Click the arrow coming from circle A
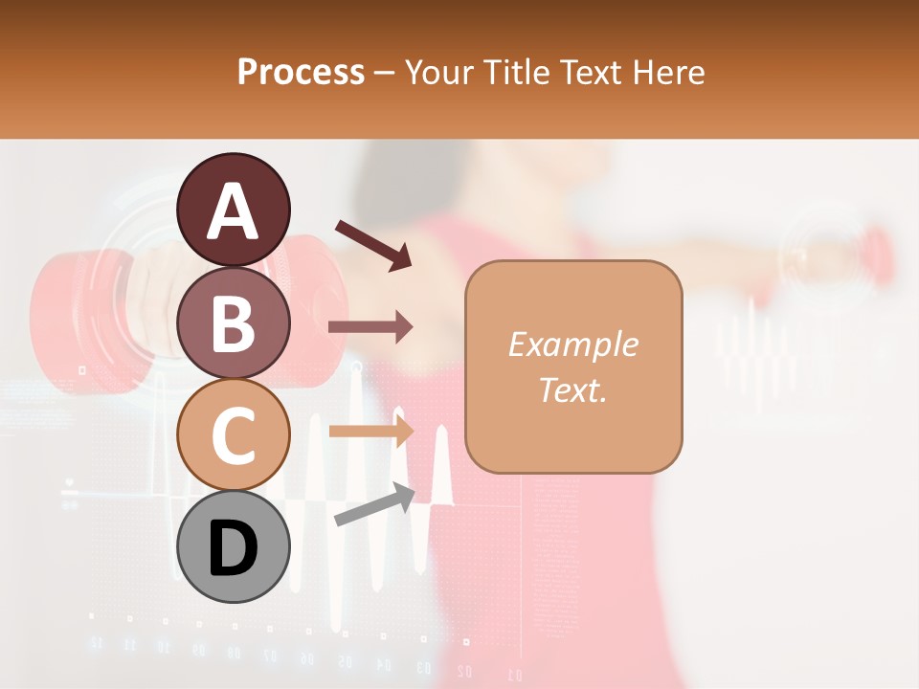372,244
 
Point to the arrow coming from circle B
370,327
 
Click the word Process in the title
301,72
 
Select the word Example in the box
572,344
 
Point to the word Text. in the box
572,389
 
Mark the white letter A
234,211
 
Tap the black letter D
234,548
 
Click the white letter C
234,436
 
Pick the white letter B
234,323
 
